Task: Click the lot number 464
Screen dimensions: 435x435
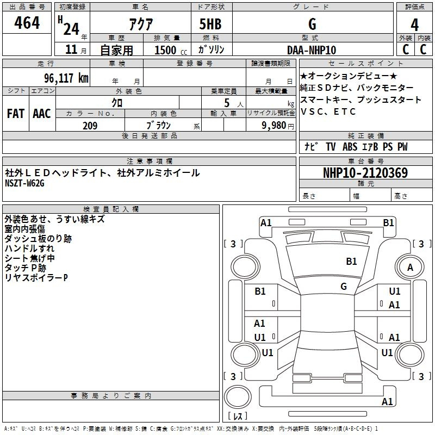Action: (x=27, y=23)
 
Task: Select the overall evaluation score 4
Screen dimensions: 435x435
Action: (x=415, y=24)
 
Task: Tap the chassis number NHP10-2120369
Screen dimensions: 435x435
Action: (x=365, y=173)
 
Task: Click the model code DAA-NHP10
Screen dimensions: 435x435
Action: (x=312, y=50)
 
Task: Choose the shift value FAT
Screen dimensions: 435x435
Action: (x=16, y=114)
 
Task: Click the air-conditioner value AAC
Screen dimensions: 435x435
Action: (x=42, y=114)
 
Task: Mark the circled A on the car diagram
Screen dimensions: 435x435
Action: (x=410, y=267)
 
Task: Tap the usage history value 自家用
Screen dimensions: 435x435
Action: (x=116, y=50)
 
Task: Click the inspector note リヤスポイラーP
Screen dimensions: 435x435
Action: (x=36, y=278)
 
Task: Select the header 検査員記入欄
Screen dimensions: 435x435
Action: (x=111, y=209)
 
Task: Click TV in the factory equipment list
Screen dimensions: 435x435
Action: (x=331, y=147)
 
